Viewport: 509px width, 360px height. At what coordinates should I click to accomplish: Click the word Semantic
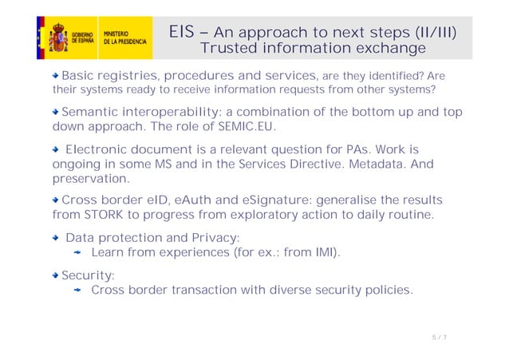pos(93,112)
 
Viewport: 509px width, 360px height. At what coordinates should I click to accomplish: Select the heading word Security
pos(88,275)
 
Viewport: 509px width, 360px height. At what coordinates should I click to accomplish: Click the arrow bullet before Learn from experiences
pos(79,254)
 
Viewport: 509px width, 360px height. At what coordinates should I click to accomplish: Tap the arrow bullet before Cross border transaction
pos(79,291)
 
